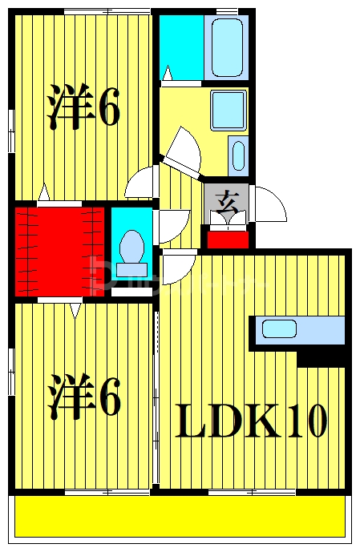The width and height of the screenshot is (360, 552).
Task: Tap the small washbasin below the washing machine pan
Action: (238, 155)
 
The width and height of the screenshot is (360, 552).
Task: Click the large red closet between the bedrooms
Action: (59, 251)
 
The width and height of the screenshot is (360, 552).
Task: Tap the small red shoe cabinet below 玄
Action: (227, 238)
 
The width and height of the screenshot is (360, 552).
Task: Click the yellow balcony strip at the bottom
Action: (180, 517)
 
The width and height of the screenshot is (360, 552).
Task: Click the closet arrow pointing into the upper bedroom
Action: (44, 192)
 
